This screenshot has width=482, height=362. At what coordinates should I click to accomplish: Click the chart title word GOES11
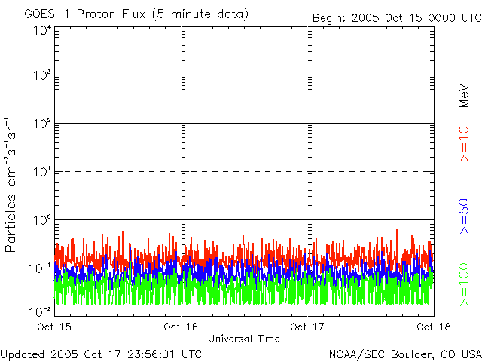coord(47,14)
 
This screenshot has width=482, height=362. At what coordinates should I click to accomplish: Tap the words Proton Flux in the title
coord(111,14)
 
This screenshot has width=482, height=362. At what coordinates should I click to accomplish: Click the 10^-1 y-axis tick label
coord(40,268)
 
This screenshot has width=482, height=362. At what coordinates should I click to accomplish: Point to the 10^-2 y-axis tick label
coord(40,311)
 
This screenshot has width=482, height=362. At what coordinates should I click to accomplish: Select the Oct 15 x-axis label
coord(54,327)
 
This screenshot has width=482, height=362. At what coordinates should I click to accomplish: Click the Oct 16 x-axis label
coord(181,327)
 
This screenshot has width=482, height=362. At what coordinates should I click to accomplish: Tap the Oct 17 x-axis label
coord(307,327)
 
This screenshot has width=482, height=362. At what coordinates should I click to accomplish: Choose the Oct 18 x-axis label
coord(434,327)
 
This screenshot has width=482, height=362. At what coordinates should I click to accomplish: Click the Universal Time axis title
coord(244,339)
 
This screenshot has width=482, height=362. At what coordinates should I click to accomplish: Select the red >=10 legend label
coord(464,144)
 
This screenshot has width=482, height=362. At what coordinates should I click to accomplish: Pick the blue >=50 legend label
coord(464,216)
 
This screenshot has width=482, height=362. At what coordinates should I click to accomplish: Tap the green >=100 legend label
coord(464,285)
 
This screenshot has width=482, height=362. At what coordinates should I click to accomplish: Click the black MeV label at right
coord(464,96)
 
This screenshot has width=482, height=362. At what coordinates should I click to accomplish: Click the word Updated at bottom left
coord(23,354)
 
